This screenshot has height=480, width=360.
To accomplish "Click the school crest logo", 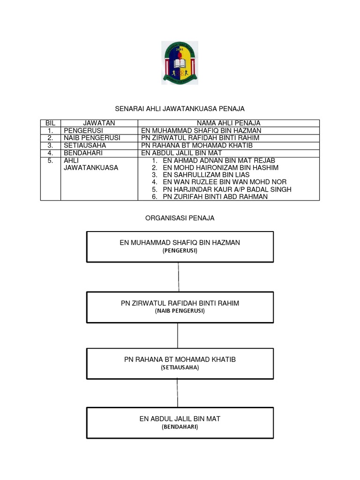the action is pyautogui.click(x=180, y=63).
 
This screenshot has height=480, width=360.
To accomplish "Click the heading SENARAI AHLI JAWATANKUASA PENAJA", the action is pyautogui.click(x=180, y=109).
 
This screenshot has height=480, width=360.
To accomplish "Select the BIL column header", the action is pyautogui.click(x=50, y=123).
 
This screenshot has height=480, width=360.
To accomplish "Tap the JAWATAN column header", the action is pyautogui.click(x=99, y=123).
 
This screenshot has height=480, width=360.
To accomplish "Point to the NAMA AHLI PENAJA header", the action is pyautogui.click(x=228, y=123).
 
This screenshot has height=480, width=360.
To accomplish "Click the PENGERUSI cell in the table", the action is pyautogui.click(x=83, y=130).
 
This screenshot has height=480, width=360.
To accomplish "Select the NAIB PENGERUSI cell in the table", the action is pyautogui.click(x=92, y=138).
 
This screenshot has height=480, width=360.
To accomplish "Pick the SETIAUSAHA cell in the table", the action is pyautogui.click(x=85, y=145).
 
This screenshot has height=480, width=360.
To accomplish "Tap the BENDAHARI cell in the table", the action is pyautogui.click(x=83, y=153).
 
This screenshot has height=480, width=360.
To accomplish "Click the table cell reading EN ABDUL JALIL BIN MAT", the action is pyautogui.click(x=181, y=153).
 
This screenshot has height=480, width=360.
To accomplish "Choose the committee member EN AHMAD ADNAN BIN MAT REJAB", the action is pyautogui.click(x=219, y=160).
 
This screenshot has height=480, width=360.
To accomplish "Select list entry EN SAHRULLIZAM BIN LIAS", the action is pyautogui.click(x=206, y=175).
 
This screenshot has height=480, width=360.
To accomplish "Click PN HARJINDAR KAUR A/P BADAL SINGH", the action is pyautogui.click(x=227, y=189).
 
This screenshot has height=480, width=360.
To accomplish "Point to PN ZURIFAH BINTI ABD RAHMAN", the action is pyautogui.click(x=215, y=196).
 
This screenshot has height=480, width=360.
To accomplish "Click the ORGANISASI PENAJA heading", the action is pyautogui.click(x=180, y=218).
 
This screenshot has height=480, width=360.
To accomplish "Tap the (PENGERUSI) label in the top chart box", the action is pyautogui.click(x=180, y=251).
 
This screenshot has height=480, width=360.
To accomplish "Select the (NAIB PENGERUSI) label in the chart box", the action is pyautogui.click(x=180, y=311).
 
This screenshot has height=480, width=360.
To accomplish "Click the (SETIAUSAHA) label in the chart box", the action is pyautogui.click(x=180, y=367).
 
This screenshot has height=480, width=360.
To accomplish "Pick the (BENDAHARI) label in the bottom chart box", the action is pyautogui.click(x=180, y=427).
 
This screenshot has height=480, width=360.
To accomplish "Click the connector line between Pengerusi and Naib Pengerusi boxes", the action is pyautogui.click(x=179, y=277).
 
